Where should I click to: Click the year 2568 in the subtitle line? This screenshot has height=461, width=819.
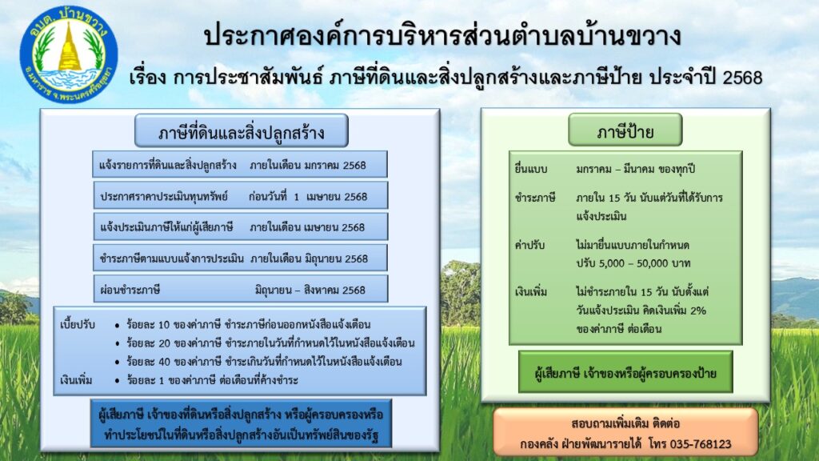pyautogui.click(x=742, y=78)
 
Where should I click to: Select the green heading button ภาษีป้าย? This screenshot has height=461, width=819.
pyautogui.click(x=625, y=130)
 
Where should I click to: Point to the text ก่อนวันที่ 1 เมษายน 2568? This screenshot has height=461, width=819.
pyautogui.click(x=308, y=196)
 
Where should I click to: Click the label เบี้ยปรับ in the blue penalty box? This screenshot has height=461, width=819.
pyautogui.click(x=78, y=326)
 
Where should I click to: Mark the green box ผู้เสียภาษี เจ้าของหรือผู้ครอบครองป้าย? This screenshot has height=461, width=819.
pyautogui.click(x=625, y=372)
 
